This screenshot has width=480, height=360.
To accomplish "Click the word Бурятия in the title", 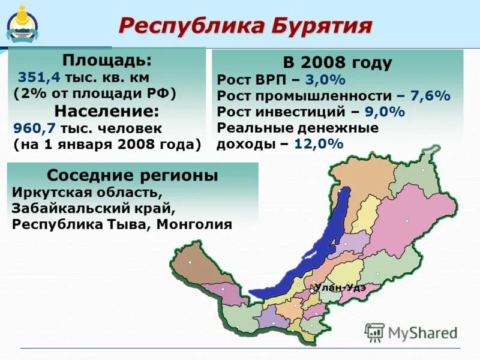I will (x=323, y=25).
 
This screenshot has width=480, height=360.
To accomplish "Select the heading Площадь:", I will (x=107, y=61).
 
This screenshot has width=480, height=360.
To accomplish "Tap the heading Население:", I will (x=107, y=111).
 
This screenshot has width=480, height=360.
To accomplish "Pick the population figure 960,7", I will (x=31, y=128).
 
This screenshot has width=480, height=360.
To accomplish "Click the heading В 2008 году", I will (x=337, y=63).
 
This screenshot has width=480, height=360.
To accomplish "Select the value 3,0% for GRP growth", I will (x=325, y=80).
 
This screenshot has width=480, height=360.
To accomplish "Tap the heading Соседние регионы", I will (x=133, y=176).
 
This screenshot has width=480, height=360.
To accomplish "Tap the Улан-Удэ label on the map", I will (x=340, y=287).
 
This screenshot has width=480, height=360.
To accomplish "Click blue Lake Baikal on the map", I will (x=300, y=252).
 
